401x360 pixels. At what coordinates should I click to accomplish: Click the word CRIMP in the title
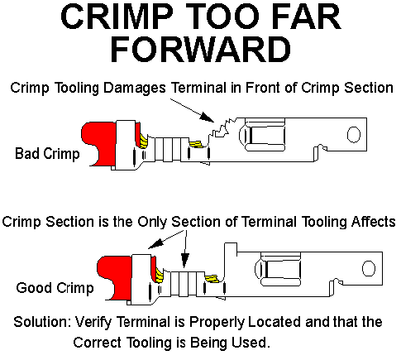(117, 17)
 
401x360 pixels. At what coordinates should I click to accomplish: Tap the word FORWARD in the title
(201, 50)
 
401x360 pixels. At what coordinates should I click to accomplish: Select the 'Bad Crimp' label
(47, 153)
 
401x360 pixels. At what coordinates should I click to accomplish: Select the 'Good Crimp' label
(55, 288)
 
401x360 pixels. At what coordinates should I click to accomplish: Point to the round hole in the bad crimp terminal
(354, 135)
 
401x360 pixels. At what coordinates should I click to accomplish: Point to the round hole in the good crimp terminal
(369, 268)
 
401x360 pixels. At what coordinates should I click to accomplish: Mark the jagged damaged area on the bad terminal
(222, 128)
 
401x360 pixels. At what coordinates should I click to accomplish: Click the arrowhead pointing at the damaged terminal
(207, 118)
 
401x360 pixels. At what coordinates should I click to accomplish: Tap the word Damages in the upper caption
(135, 89)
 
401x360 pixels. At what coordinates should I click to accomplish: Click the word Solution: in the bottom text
(42, 322)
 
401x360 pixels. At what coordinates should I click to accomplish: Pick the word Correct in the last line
(97, 343)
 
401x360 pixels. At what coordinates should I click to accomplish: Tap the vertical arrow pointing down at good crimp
(185, 249)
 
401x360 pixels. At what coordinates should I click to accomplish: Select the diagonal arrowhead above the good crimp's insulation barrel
(155, 243)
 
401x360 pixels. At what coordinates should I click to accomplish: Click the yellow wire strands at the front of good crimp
(212, 279)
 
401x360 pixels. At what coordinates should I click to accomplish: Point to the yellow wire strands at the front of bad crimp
(196, 144)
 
